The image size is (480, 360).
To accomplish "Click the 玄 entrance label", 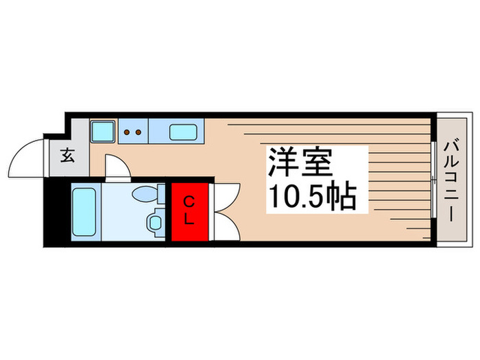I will click(67, 156).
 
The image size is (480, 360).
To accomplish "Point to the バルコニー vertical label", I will click(451, 180).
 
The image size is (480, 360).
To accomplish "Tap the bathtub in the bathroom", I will click(85, 211).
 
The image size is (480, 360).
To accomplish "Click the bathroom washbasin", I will click(154, 221).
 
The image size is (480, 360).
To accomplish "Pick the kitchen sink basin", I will click(183, 130).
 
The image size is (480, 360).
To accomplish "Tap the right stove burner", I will click(138, 132).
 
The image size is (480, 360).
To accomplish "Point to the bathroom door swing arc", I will click(115, 167).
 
